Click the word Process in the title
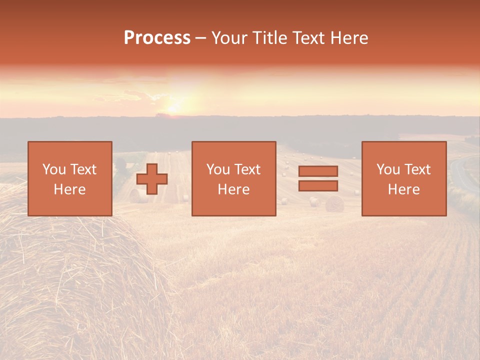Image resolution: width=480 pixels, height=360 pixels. tap(157, 38)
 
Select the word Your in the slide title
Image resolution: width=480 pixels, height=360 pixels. tap(229, 38)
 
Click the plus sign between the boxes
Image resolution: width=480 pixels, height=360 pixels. tap(152, 178)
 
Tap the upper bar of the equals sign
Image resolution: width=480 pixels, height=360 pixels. tap(318, 171)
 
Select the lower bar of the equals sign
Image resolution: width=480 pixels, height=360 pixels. tap(318, 185)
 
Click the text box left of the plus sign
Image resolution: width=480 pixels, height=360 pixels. tap(69, 178)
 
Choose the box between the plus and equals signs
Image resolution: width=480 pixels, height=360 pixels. tap(233, 178)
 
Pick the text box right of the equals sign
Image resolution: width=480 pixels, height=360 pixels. tap(404, 178)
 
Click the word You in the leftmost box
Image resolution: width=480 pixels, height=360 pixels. tap(53, 169)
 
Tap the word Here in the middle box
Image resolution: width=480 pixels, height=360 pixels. tap(233, 189)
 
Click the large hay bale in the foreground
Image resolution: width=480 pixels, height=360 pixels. tap(65, 280)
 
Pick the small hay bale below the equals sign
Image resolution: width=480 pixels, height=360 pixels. tap(334, 203)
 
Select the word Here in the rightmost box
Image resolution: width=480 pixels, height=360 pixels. tap(403, 189)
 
